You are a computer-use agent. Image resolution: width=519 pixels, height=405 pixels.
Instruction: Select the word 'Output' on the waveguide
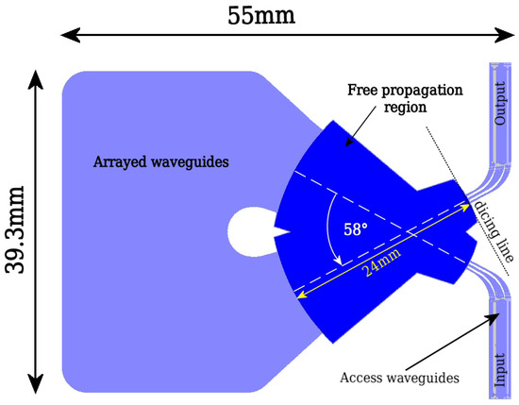tap(500, 103)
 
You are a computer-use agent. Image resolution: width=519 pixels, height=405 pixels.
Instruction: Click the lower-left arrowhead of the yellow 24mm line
tap(300, 295)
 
